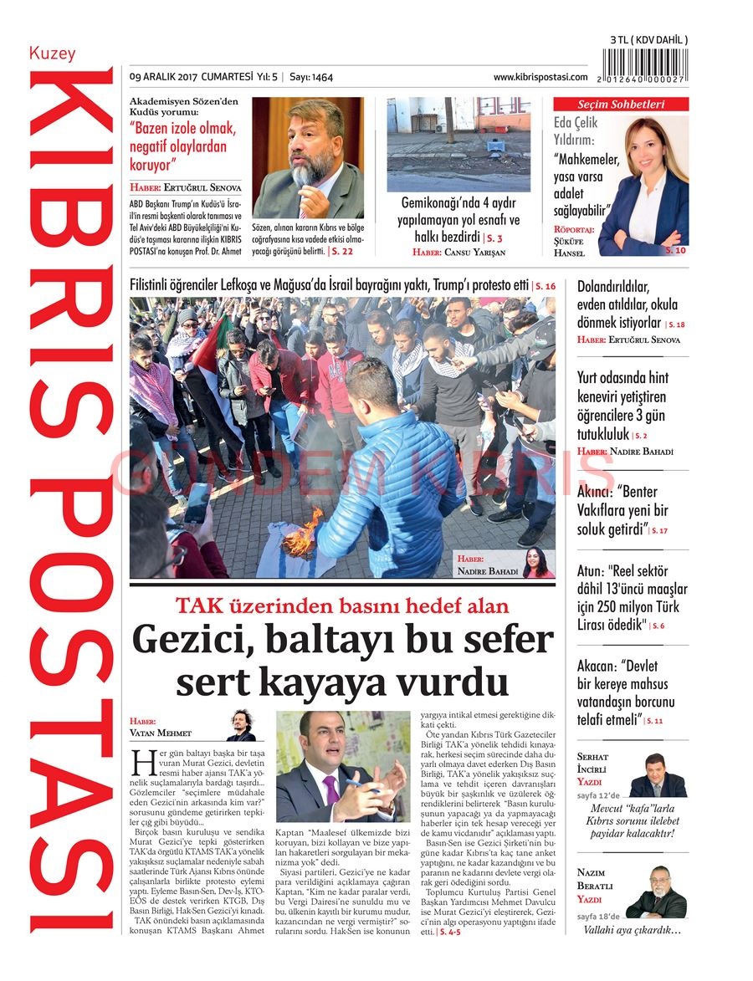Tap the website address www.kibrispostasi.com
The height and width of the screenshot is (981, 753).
coord(540,77)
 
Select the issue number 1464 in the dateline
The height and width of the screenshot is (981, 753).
coord(321,77)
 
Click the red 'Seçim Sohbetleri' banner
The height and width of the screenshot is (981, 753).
coord(621,105)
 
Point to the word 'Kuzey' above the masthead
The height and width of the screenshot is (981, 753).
coord(52,54)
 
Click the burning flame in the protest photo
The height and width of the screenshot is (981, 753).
coord(302,535)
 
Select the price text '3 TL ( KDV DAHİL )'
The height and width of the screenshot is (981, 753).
coord(649,39)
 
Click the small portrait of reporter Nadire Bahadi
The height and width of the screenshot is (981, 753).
coord(536,562)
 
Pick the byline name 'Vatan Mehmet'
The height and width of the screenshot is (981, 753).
coord(161,733)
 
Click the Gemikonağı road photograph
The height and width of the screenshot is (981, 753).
coord(458,144)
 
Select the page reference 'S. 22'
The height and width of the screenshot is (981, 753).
coord(342,251)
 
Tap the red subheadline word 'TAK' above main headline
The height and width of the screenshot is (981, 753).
coord(198,606)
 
